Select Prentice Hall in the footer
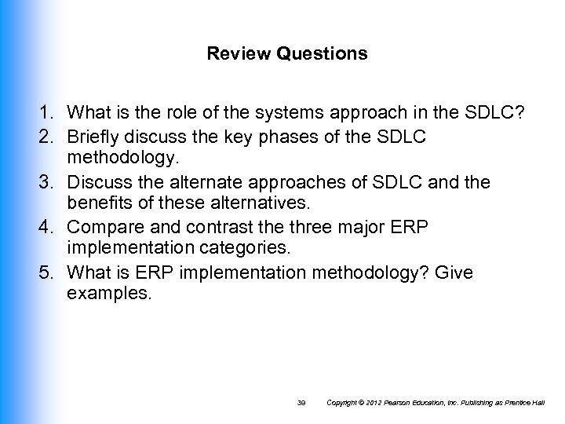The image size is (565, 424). click(x=530, y=404)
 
